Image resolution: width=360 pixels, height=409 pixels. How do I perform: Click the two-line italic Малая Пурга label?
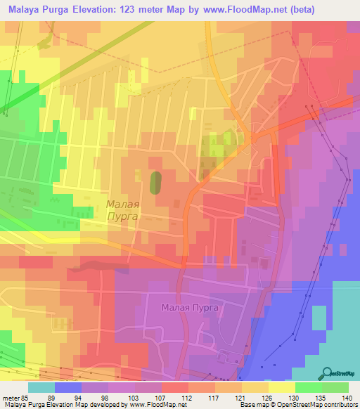[x=122, y=211]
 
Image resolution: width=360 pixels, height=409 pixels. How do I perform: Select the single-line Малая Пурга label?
[x=191, y=307]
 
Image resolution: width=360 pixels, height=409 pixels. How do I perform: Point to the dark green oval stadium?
[x=155, y=182]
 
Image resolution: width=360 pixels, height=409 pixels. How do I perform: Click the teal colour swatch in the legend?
[x=41, y=387]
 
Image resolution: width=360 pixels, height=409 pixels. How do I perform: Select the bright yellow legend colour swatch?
[x=282, y=387]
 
